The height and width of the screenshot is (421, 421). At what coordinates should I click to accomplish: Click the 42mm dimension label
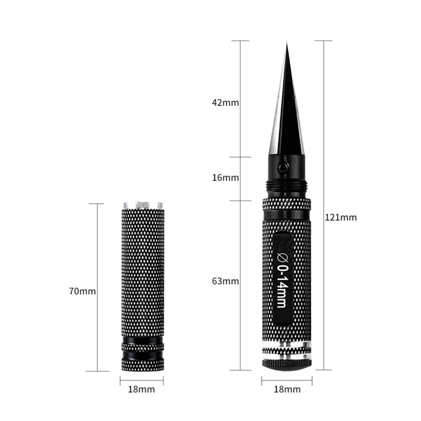225,103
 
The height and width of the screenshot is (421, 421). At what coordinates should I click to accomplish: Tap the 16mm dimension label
225,178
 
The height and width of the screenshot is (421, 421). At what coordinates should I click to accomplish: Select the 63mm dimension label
225,281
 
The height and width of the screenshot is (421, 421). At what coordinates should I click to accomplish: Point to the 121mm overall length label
341,217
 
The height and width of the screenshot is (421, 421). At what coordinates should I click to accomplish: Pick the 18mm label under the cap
141,389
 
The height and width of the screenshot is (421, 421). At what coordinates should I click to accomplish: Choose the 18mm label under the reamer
287,389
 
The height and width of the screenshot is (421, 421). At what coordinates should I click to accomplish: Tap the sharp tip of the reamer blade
287,45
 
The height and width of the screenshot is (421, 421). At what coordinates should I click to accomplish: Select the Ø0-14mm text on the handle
282,278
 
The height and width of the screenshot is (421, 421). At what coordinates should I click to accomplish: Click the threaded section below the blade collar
287,186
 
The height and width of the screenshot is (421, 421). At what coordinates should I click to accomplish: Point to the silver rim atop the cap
142,205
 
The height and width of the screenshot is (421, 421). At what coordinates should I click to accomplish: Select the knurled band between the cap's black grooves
142,347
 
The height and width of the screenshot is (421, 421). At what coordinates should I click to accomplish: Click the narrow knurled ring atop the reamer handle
287,205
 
